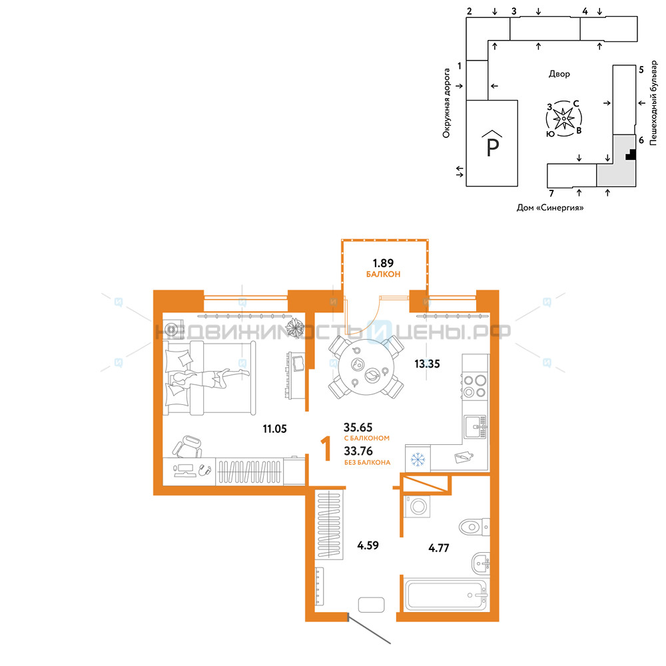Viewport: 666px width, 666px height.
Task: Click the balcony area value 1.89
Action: click(x=383, y=263)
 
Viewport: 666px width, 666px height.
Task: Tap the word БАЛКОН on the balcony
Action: click(x=383, y=274)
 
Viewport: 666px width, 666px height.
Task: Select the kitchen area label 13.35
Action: click(x=427, y=364)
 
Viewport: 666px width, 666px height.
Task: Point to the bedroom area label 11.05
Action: click(x=274, y=429)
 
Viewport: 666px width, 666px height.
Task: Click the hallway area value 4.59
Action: click(x=368, y=545)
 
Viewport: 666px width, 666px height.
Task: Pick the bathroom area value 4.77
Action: click(x=439, y=548)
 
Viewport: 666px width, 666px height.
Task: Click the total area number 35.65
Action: click(x=358, y=427)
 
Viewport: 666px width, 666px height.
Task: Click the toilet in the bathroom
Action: click(x=474, y=527)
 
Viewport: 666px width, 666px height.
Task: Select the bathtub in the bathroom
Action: click(x=446, y=595)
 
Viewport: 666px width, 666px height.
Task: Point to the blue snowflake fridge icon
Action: click(x=418, y=459)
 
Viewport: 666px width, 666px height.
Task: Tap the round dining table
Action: click(x=366, y=367)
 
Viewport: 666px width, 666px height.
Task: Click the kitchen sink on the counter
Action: click(x=476, y=427)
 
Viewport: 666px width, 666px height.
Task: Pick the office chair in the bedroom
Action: click(x=187, y=447)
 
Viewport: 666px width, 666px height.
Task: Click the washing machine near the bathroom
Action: click(x=418, y=506)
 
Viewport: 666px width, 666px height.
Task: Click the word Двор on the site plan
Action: click(x=559, y=74)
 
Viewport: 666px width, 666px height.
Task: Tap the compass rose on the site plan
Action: click(x=563, y=119)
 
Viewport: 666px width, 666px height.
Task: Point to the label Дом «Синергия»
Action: click(x=550, y=208)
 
